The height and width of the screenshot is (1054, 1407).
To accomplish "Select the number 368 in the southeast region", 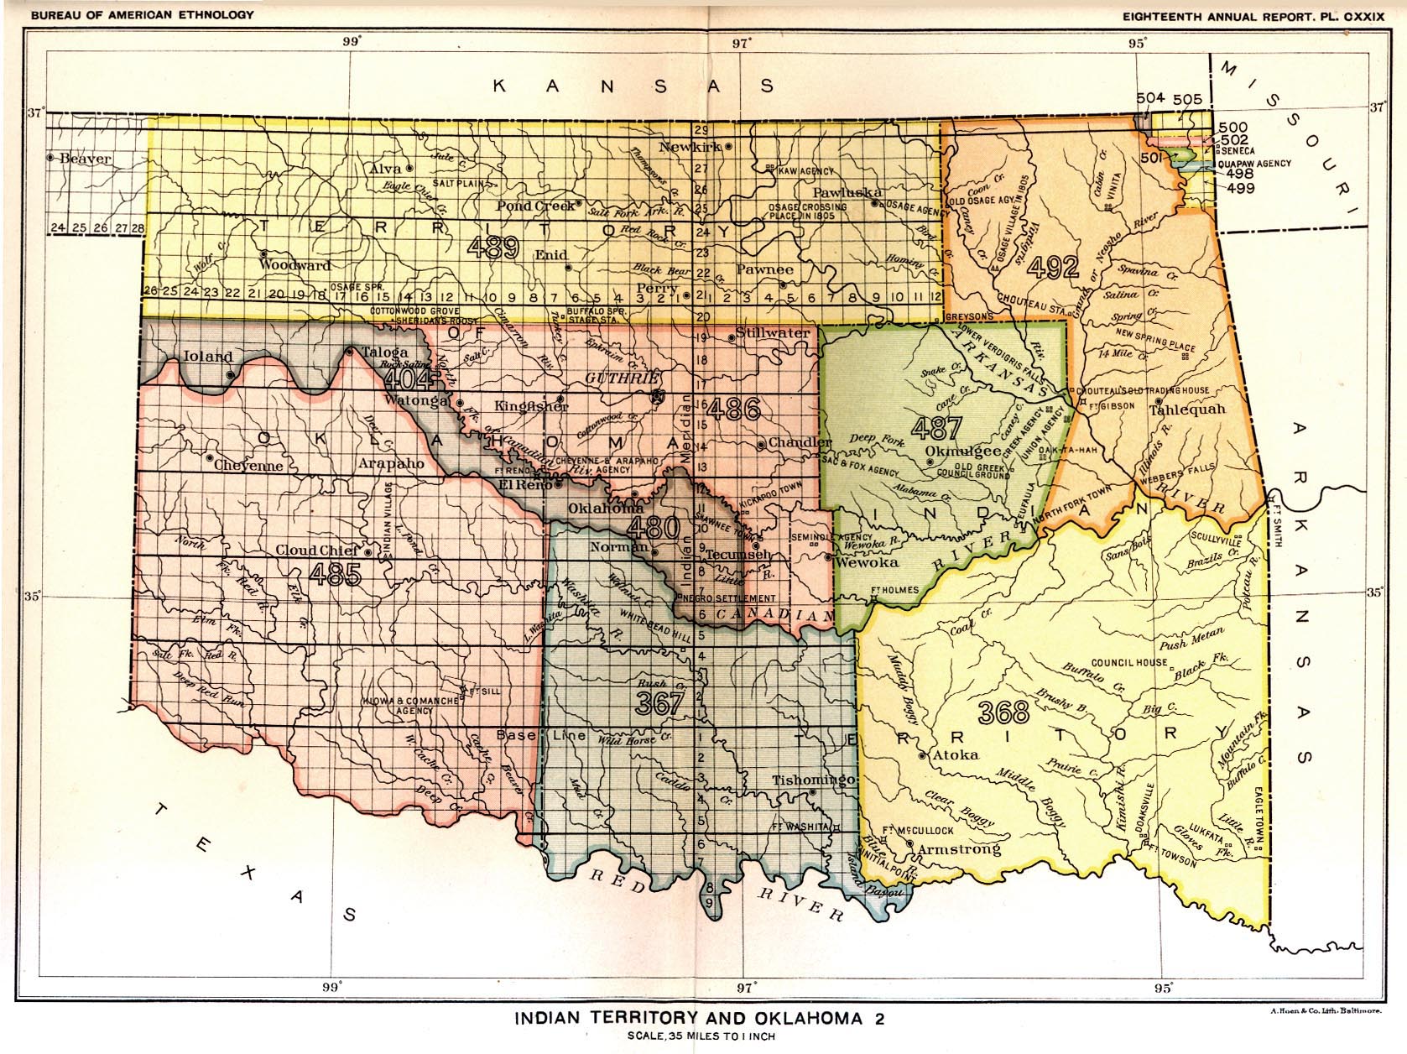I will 1003,712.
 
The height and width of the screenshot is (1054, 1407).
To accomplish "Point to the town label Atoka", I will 956,754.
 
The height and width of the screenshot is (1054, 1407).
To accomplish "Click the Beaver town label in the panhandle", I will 85,158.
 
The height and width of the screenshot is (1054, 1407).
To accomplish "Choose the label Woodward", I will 294,264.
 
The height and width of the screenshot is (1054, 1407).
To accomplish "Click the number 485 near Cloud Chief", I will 335,575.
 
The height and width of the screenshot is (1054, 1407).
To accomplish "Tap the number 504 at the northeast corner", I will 1151,97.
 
